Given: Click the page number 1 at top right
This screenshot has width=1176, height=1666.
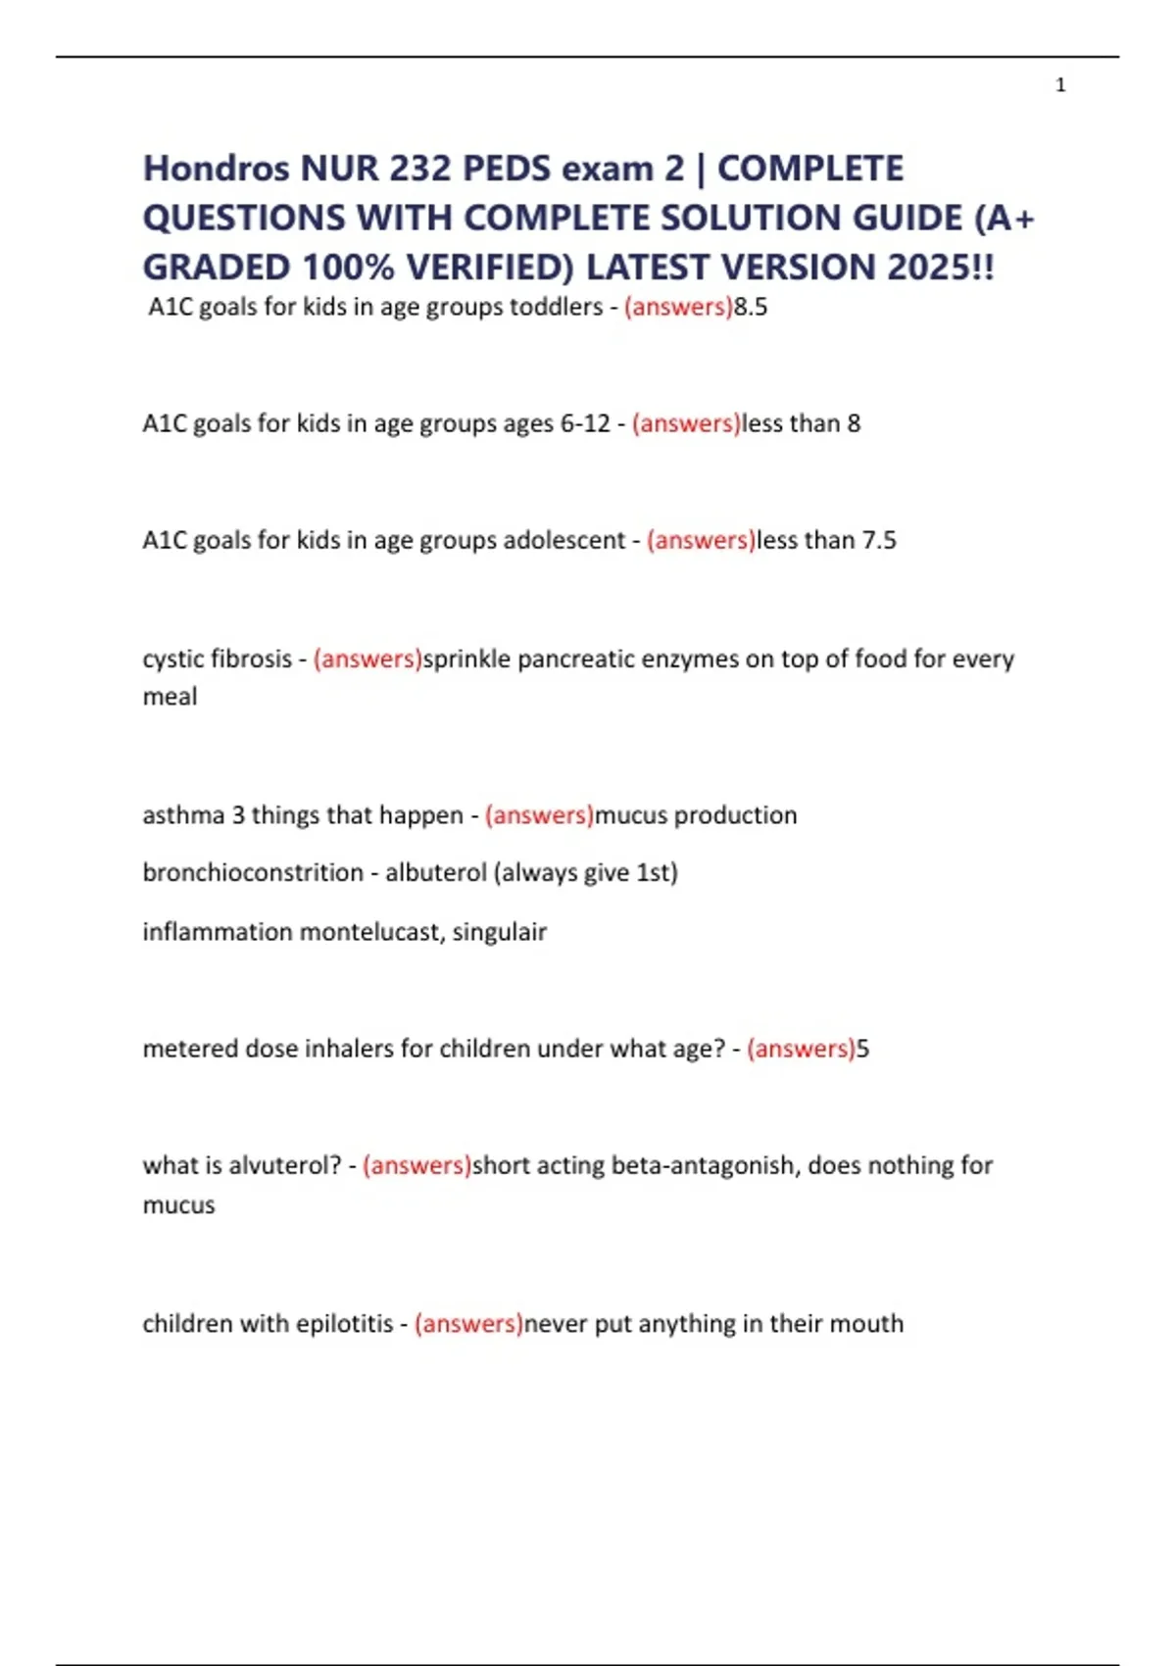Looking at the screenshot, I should [x=1060, y=85].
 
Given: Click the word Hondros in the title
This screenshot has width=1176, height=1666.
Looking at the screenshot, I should [x=217, y=169].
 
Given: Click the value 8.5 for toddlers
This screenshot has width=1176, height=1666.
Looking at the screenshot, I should [x=751, y=307].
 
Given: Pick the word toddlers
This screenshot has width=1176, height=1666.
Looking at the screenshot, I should [x=556, y=307].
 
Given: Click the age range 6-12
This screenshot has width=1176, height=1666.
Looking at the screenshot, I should [x=585, y=423].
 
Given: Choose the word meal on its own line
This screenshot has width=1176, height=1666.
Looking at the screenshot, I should [x=170, y=697].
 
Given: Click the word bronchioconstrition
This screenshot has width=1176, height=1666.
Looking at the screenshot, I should [x=253, y=872].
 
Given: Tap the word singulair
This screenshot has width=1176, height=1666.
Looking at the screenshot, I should [x=499, y=931].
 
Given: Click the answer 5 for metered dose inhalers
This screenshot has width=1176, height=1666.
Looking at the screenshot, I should [x=863, y=1049].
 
